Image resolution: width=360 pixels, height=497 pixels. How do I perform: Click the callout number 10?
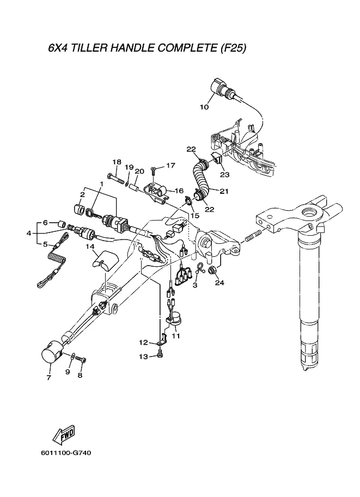(204, 107)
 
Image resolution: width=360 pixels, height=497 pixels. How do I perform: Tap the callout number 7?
(48, 377)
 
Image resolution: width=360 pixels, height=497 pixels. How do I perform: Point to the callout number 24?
(219, 283)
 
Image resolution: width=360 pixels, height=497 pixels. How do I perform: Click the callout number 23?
(224, 175)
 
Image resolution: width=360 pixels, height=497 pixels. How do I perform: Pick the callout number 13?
(143, 356)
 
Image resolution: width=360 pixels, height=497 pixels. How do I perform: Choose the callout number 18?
(116, 162)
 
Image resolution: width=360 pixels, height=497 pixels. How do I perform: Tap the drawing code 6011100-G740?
(65, 452)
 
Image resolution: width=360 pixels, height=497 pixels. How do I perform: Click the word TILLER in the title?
(90, 48)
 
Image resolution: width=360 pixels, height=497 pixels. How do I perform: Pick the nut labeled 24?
(213, 271)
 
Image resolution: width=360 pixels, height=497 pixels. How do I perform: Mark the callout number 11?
(175, 335)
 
